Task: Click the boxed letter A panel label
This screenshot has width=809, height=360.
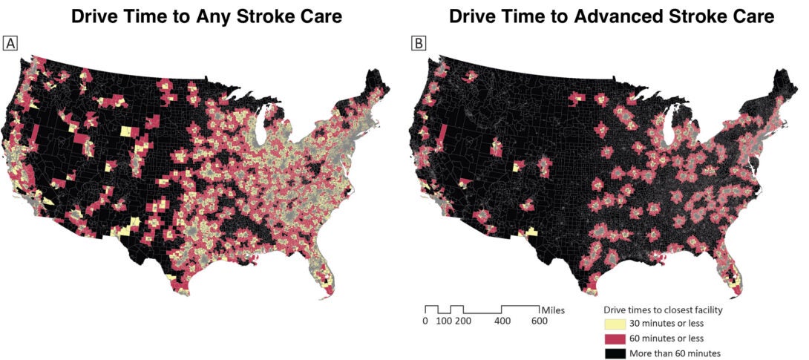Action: coord(10,44)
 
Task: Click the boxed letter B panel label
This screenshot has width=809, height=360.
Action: coord(419,44)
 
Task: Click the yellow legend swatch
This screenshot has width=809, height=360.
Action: coord(614,324)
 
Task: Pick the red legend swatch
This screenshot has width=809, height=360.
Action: coord(614,339)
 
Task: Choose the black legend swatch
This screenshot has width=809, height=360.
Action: coord(614,353)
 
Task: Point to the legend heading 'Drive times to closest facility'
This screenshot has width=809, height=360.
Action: coord(663,310)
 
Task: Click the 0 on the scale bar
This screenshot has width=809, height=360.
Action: coord(425,321)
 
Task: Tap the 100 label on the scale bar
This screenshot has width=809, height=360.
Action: coord(445,321)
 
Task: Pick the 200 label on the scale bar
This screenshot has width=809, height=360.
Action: coord(463,321)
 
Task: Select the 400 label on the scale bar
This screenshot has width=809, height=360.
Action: coord(502,321)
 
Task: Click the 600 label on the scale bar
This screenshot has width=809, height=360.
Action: coord(539,321)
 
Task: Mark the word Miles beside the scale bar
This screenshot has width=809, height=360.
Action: coord(553,310)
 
